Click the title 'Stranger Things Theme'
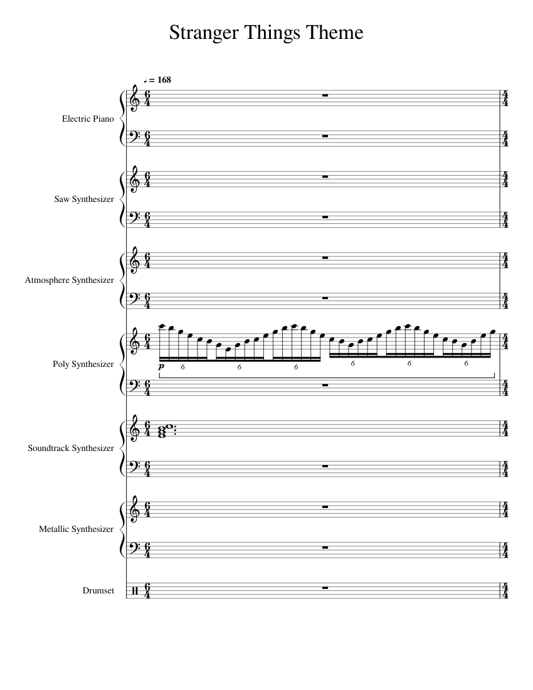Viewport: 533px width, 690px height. (266, 33)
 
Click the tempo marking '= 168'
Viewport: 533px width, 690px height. (158, 80)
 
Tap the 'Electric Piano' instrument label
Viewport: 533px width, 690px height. (88, 119)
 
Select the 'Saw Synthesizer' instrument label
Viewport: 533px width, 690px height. (85, 199)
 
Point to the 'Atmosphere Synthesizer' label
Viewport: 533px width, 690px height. (70, 280)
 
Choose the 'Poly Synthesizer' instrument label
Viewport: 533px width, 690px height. (84, 364)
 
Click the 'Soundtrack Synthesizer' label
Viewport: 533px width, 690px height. (71, 449)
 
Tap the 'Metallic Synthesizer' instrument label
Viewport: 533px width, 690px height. (77, 529)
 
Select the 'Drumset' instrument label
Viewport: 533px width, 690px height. (98, 591)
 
